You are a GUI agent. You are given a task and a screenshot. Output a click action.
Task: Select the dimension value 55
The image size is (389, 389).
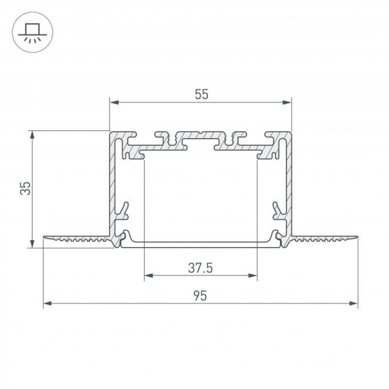point(200,95)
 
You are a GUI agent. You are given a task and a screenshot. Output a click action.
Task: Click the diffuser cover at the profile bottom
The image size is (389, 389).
point(200,244)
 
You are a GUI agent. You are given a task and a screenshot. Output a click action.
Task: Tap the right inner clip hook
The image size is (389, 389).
point(279,211)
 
